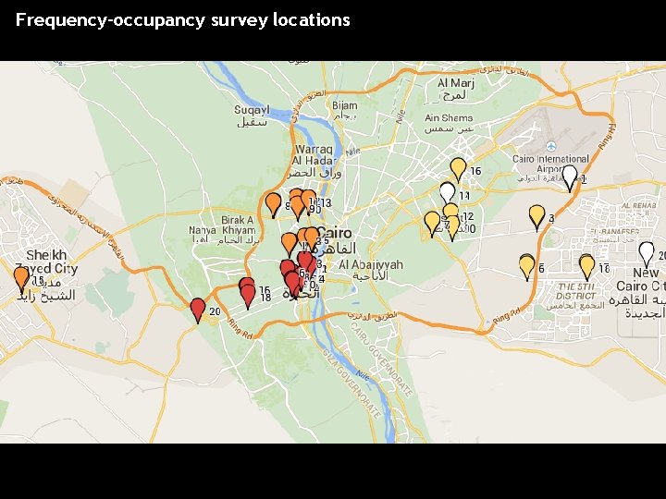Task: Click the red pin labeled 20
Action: [197, 309]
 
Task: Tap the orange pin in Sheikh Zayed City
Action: [21, 278]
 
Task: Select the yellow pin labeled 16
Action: [458, 168]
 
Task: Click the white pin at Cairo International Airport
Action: [570, 176]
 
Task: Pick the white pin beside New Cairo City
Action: [647, 252]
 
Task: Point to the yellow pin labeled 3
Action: [536, 215]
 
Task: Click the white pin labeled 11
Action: [448, 192]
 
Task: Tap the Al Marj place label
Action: [454, 89]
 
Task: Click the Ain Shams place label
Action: [449, 124]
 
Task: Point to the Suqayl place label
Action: [252, 115]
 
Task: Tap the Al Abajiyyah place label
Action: [370, 270]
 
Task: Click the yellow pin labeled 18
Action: [586, 266]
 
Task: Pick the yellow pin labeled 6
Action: [527, 266]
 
